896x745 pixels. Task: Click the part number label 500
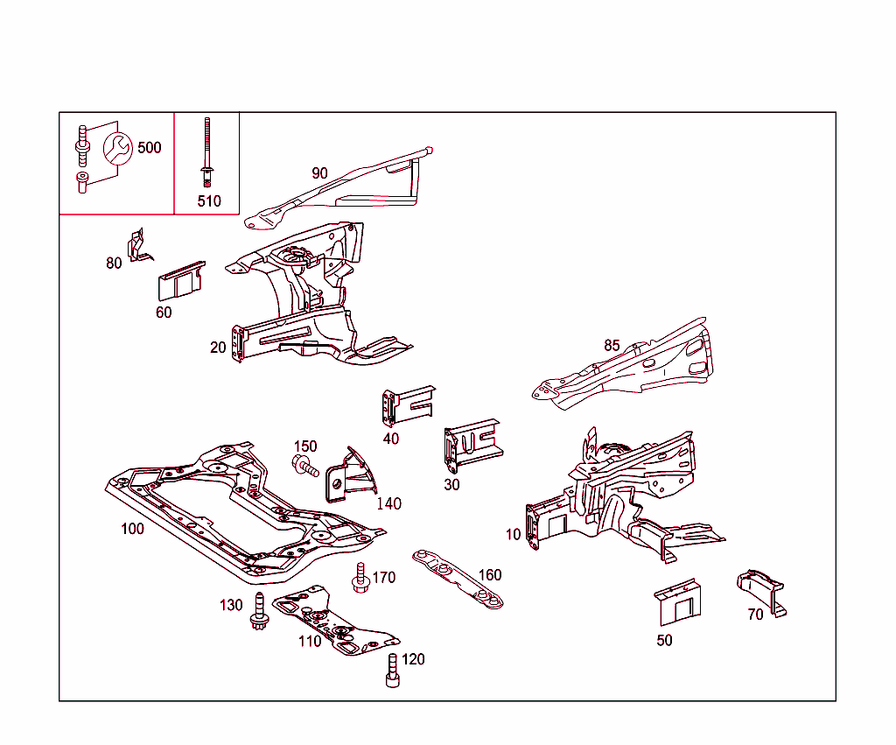pyautogui.click(x=150, y=147)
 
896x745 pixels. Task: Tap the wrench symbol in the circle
pyautogui.click(x=116, y=148)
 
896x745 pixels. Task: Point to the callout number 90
pyautogui.click(x=319, y=173)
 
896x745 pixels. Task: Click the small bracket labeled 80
pyautogui.click(x=136, y=246)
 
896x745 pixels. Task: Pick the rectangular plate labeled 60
pyautogui.click(x=180, y=281)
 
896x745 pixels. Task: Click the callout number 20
pyautogui.click(x=218, y=348)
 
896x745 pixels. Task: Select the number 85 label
pyautogui.click(x=612, y=345)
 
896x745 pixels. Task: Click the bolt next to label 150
pyautogui.click(x=304, y=466)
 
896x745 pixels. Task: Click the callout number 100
pyautogui.click(x=132, y=529)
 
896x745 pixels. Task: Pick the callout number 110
pyautogui.click(x=310, y=640)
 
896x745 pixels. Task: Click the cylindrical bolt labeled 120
pyautogui.click(x=392, y=671)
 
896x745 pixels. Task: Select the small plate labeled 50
pyautogui.click(x=679, y=602)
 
